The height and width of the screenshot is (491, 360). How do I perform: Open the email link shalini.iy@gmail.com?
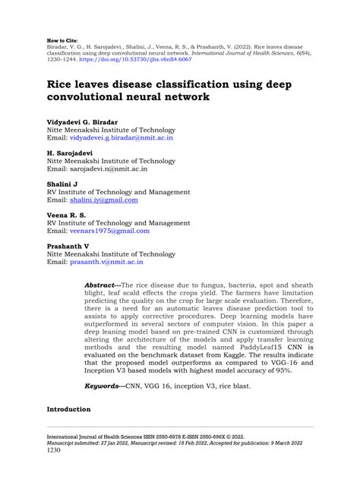[104, 200]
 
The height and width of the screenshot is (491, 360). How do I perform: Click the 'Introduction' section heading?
[68, 410]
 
